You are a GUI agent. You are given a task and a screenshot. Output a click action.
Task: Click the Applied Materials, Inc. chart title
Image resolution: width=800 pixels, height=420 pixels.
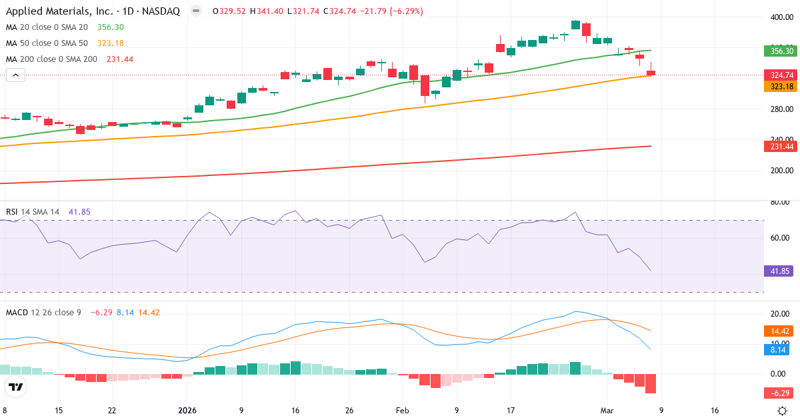coord(93,11)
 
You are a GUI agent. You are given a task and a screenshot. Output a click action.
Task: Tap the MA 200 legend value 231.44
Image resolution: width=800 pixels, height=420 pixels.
coord(120,59)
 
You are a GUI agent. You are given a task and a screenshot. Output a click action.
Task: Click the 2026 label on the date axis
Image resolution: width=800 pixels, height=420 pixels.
coord(187,411)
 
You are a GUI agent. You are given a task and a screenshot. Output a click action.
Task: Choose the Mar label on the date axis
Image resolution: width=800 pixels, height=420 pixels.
coord(607,411)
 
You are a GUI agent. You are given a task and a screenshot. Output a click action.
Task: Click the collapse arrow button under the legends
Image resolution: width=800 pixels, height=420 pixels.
coord(15,75)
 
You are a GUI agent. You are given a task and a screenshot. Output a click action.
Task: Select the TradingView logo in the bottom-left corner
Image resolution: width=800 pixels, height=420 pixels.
coord(16,387)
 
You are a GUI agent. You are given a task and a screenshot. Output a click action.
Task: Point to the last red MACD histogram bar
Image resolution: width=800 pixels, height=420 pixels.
coord(651,383)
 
